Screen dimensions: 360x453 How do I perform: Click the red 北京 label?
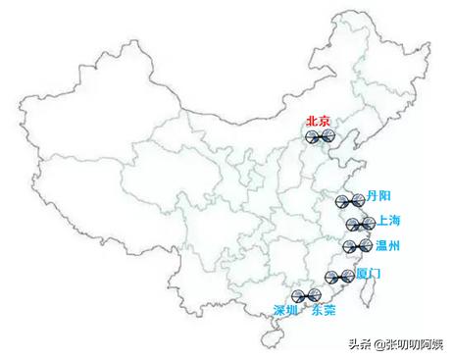click(320, 121)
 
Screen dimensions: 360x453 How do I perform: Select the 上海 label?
click(388, 220)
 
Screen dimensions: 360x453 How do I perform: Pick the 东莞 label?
click(323, 310)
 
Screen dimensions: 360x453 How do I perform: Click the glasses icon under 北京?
click(320, 137)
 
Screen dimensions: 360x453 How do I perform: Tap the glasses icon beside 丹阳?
click(350, 202)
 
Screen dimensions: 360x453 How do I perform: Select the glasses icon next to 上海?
click(360, 225)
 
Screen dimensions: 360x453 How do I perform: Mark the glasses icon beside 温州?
click(358, 246)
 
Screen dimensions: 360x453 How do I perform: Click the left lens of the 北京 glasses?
click(312, 137)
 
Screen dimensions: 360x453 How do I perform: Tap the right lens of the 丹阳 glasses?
click(358, 201)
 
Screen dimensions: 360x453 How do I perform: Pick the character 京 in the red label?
click(327, 121)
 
